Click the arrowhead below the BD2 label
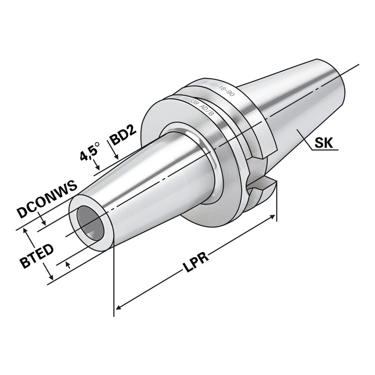pyautogui.click(x=114, y=157)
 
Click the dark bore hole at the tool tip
pyautogui.click(x=87, y=220)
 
